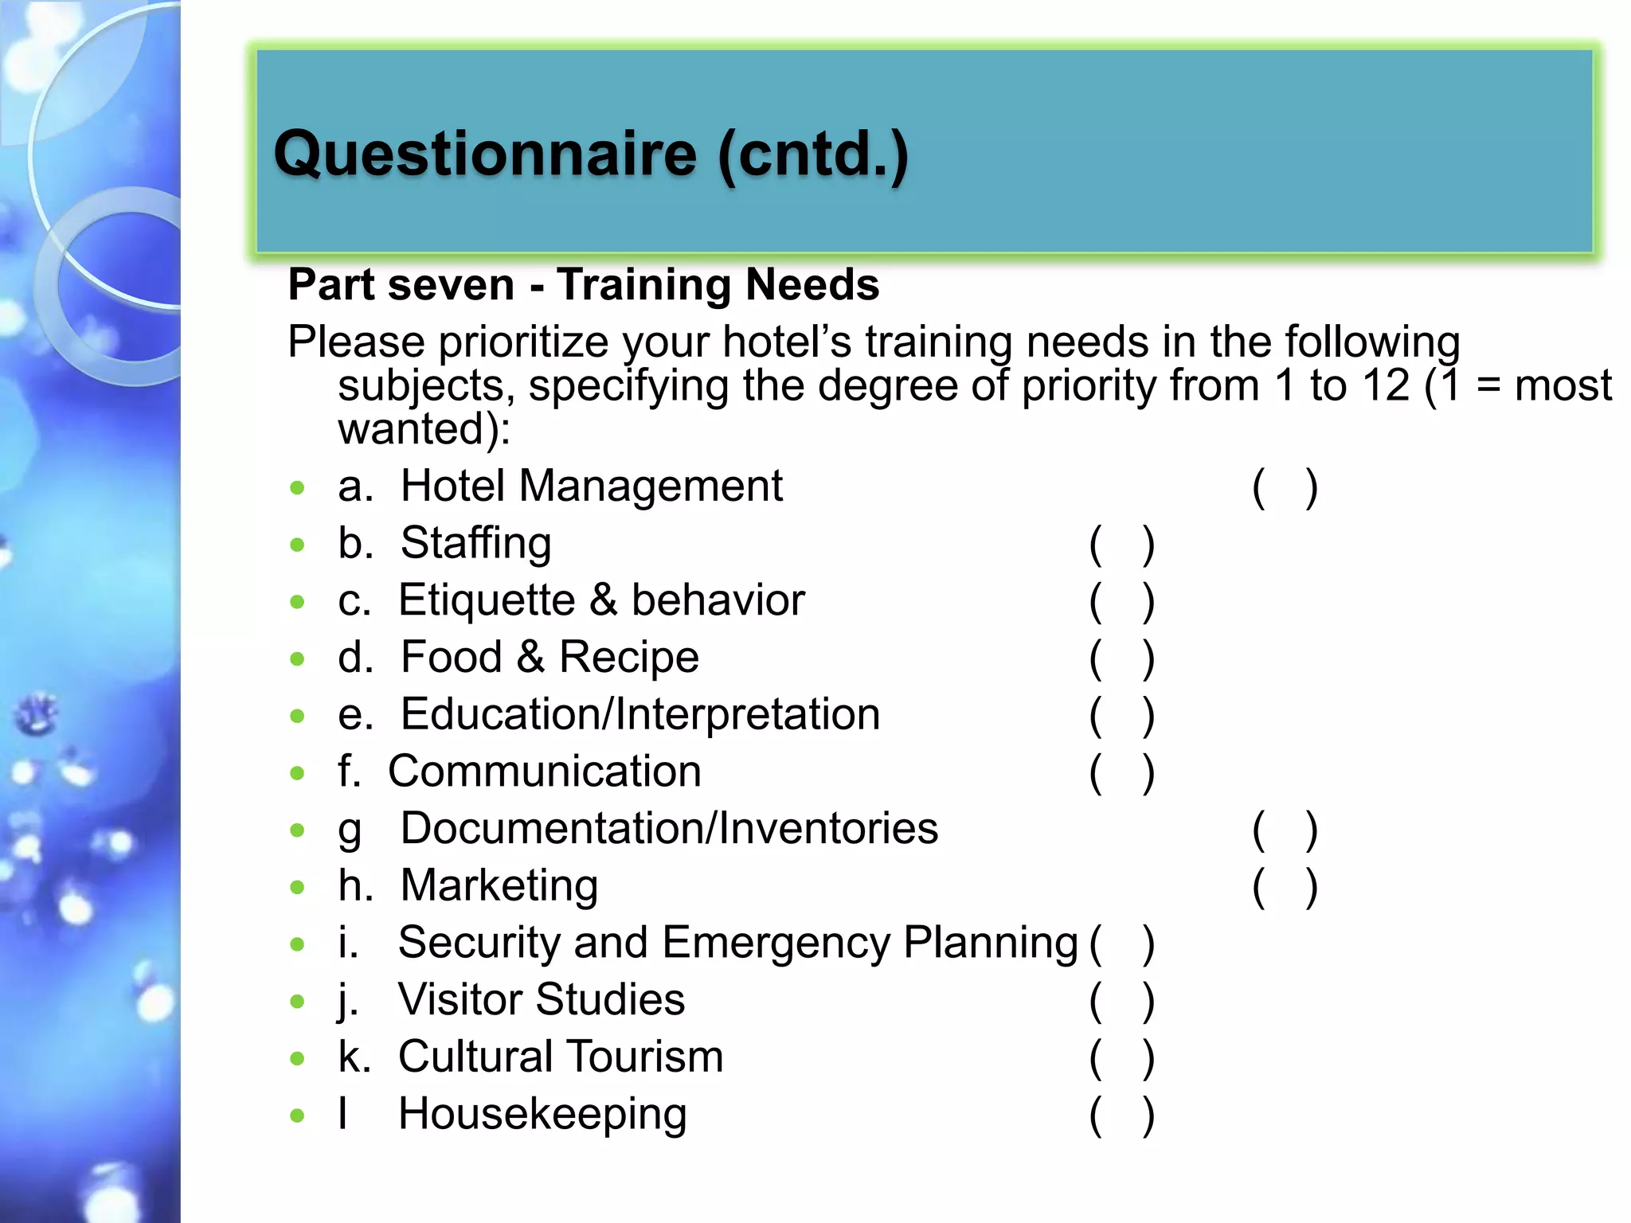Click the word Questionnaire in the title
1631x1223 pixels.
(485, 154)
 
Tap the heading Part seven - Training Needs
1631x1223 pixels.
(583, 284)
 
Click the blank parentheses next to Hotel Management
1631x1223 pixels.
(1285, 487)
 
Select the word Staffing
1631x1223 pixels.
(475, 544)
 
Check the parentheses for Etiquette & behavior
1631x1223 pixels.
(1121, 602)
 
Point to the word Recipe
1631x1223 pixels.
(628, 658)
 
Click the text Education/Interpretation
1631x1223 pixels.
(639, 714)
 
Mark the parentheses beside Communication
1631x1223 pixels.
(1121, 773)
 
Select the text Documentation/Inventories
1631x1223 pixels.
(669, 828)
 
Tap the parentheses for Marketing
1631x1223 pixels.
(1285, 887)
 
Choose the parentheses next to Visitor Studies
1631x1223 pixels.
(1121, 1002)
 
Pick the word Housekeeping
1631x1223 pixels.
(542, 1114)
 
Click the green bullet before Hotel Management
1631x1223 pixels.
(298, 487)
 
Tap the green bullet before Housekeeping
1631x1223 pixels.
(298, 1116)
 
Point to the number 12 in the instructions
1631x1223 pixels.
(1386, 386)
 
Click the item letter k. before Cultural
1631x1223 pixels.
(354, 1057)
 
